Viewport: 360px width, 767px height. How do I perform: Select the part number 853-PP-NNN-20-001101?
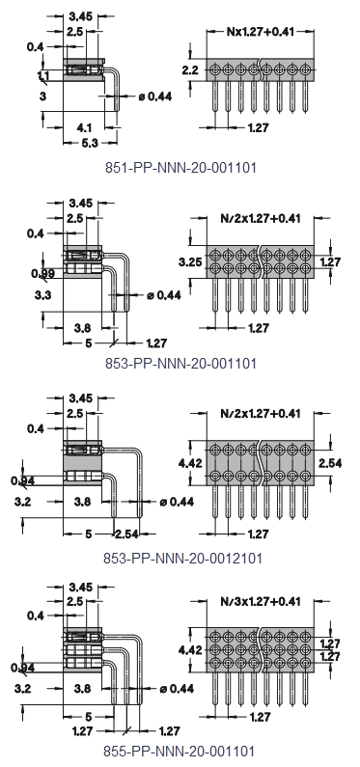pos(180,363)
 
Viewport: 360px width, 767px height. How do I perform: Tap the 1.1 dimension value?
pos(43,75)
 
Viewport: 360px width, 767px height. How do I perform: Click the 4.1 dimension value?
pos(84,126)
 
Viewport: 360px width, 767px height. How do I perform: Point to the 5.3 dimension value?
pos(90,143)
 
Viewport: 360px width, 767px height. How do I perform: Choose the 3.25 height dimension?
pos(189,261)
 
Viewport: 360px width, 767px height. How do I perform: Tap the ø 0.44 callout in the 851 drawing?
pos(153,96)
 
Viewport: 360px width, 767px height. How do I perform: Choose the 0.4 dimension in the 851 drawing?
pos(36,46)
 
